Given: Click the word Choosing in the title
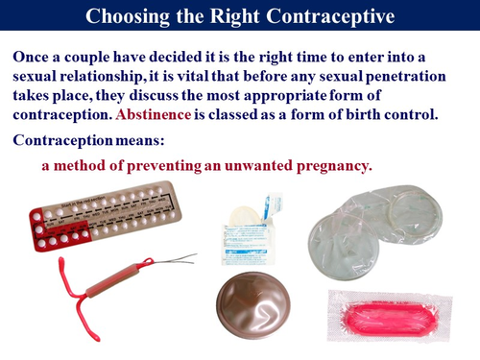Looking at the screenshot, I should coord(128,15).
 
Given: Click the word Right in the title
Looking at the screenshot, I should coord(235,15).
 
